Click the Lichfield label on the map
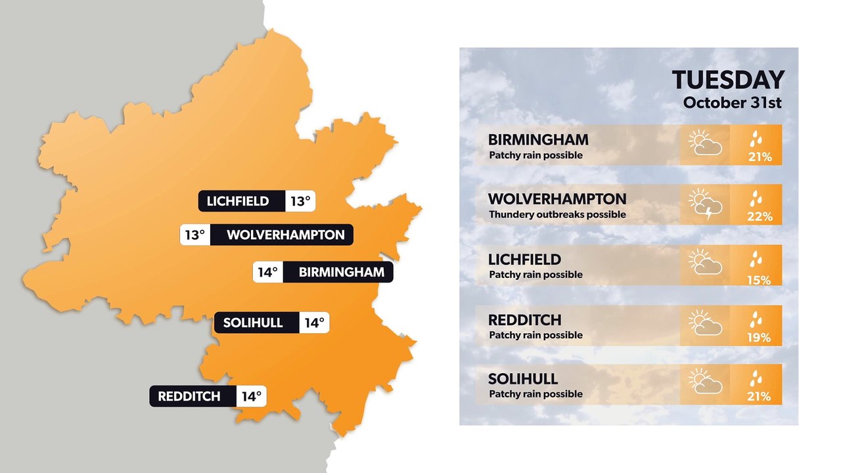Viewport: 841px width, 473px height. (238, 201)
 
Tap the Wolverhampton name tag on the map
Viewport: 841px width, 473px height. (285, 235)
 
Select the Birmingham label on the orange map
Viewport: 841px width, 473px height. (341, 272)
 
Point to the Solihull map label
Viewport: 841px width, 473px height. (253, 323)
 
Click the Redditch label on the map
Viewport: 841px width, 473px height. (189, 396)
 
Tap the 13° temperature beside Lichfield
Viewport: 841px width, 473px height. (300, 201)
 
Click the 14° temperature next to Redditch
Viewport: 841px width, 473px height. (251, 396)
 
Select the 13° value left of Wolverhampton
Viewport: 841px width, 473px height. (195, 235)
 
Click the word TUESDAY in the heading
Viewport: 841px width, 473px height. (728, 80)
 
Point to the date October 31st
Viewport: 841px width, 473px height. (733, 102)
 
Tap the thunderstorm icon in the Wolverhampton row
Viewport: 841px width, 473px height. (706, 204)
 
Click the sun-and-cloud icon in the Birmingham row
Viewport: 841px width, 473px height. (706, 144)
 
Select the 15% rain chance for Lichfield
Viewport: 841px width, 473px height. (758, 281)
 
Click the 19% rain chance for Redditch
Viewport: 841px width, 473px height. (758, 338)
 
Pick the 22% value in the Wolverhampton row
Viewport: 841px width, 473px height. (759, 217)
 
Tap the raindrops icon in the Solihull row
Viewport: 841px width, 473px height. (758, 378)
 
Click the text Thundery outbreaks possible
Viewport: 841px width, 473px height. (557, 214)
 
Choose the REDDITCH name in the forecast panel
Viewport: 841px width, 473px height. (524, 320)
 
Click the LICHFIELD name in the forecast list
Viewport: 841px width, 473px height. (524, 259)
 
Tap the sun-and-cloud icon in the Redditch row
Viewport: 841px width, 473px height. (706, 324)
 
